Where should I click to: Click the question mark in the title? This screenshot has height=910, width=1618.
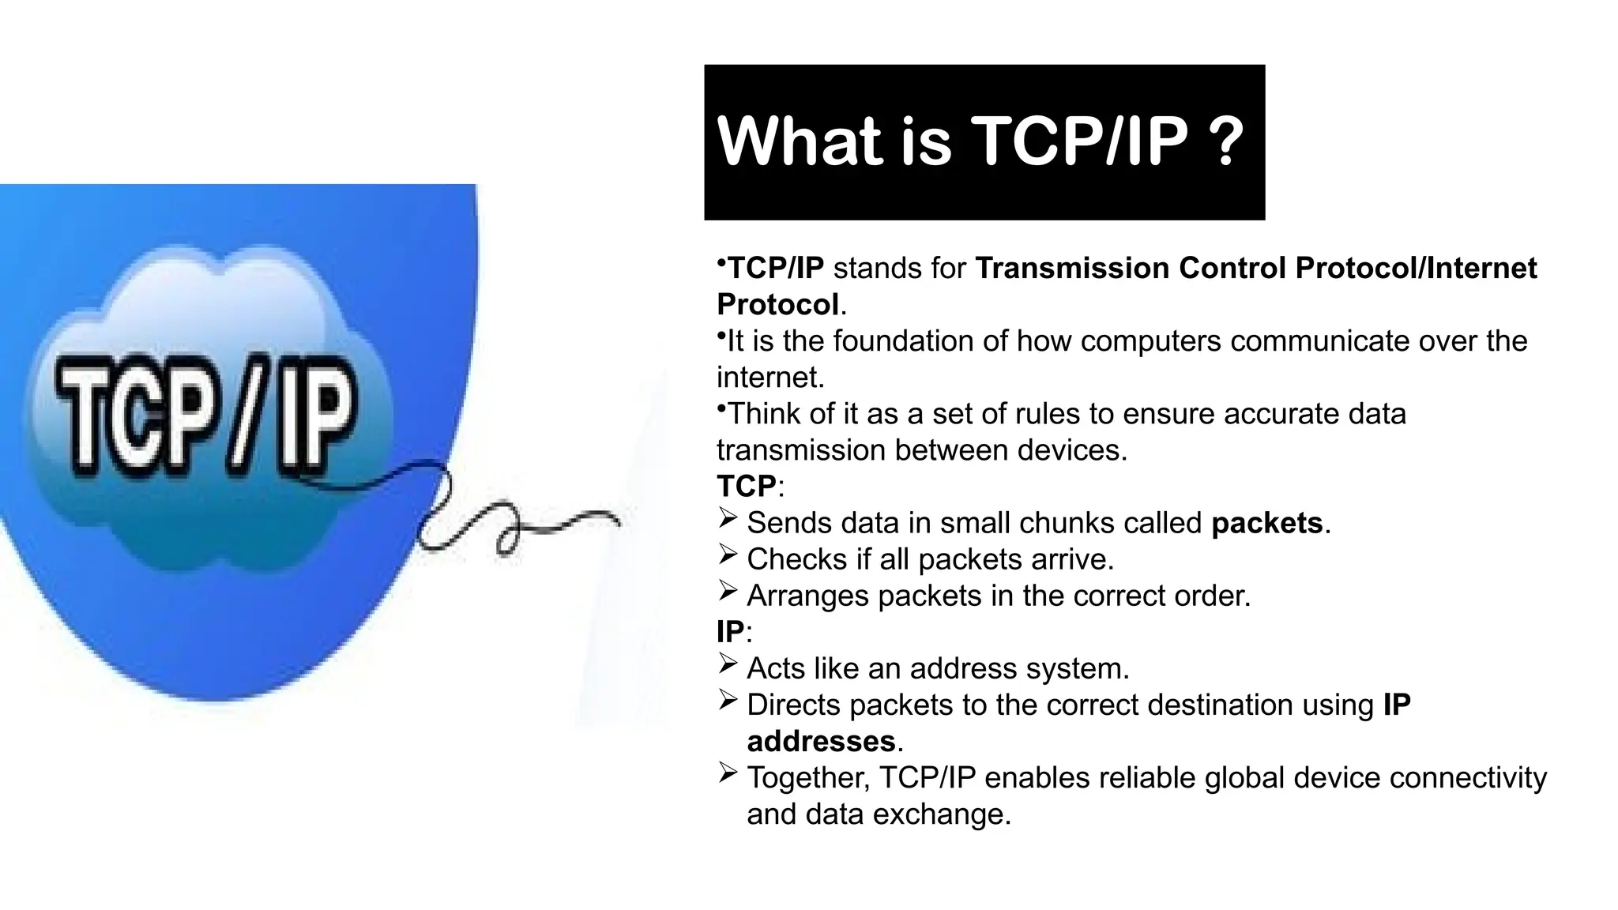coord(1226,141)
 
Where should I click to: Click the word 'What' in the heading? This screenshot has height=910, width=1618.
coord(799,141)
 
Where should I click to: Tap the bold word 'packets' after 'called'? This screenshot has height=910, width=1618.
coord(1266,523)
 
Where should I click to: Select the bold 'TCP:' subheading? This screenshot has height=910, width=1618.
coord(749,487)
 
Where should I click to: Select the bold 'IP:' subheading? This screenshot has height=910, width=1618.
coord(733,632)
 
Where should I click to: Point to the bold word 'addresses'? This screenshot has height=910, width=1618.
coord(821,742)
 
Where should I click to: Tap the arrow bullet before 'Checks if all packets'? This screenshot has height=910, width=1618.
coord(728,555)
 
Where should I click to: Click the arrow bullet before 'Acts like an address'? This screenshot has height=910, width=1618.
coord(728,664)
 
